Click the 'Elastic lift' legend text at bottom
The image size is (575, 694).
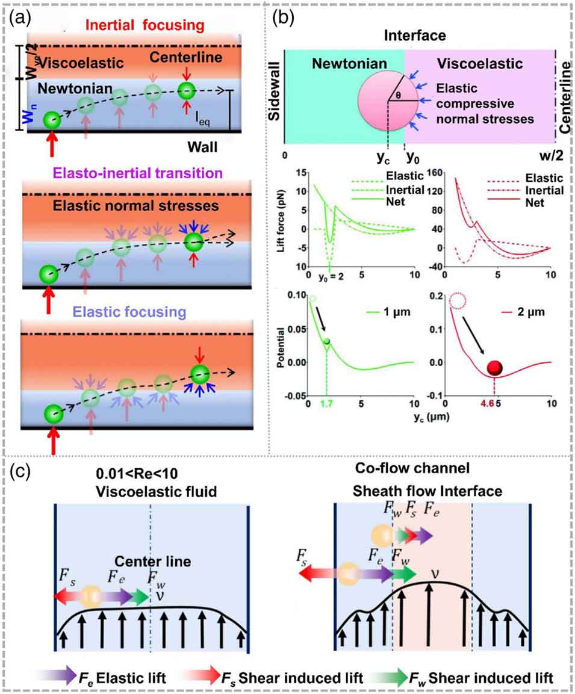(x=106, y=678)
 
